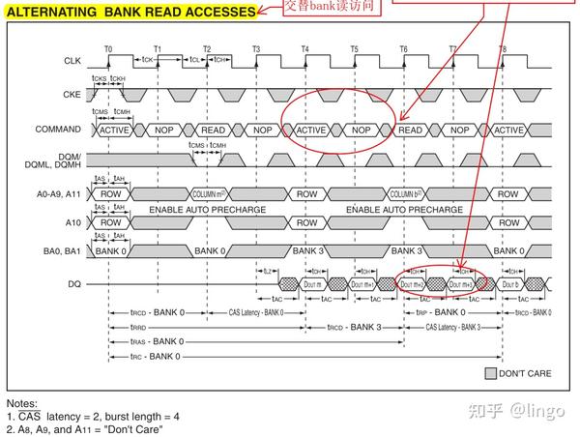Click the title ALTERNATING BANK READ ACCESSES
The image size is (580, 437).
click(x=131, y=13)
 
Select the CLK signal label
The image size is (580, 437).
click(x=72, y=61)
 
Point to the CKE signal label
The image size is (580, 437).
click(x=72, y=94)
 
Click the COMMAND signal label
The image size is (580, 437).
click(x=58, y=129)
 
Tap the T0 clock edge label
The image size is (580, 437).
click(x=108, y=47)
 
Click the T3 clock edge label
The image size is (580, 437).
click(x=256, y=47)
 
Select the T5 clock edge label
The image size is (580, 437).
click(x=354, y=47)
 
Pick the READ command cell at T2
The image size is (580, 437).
click(x=213, y=129)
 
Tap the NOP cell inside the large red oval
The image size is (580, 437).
click(x=362, y=129)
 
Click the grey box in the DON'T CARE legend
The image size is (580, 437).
click(x=490, y=373)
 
